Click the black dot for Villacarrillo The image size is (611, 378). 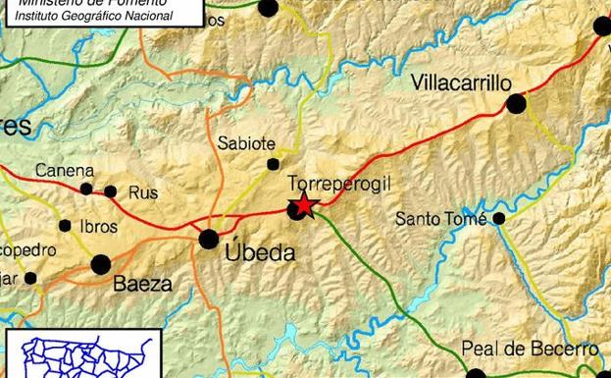coord(517,103)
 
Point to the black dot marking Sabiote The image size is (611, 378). coord(273,164)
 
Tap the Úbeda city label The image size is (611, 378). coord(260,253)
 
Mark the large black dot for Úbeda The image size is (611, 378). coord(209,239)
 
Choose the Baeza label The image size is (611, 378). coord(143,285)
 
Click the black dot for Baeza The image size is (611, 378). coord(101,264)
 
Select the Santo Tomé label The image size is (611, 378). coord(440,218)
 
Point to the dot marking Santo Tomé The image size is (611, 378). coord(499,218)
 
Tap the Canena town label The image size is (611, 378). coord(65,171)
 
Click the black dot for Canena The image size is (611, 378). coord(86,189)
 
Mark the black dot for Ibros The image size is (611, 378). coord(65,226)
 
